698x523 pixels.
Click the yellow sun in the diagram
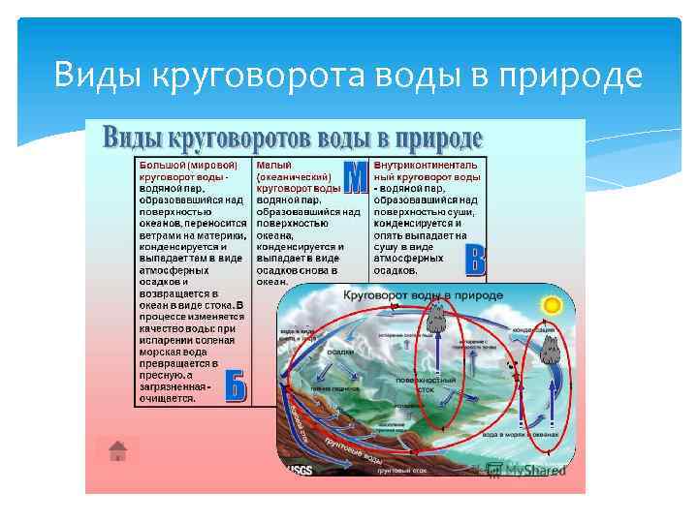pyautogui.click(x=553, y=305)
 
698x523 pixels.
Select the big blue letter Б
pyautogui.click(x=236, y=385)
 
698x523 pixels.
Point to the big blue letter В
pyautogui.click(x=474, y=259)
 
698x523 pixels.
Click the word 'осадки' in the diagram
pyautogui.click(x=339, y=353)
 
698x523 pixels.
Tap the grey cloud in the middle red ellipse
pyautogui.click(x=436, y=315)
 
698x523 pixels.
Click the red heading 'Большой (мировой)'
pyautogui.click(x=188, y=165)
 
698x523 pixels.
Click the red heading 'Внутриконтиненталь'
pyautogui.click(x=428, y=165)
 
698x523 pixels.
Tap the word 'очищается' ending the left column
pyautogui.click(x=168, y=397)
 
